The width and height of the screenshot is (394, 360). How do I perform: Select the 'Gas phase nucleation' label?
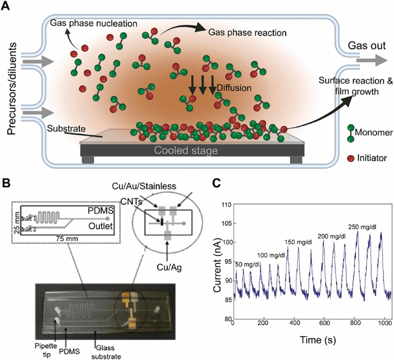pyautogui.click(x=85, y=23)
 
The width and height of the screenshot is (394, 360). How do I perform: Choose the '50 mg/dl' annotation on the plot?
pyautogui.click(x=247, y=264)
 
